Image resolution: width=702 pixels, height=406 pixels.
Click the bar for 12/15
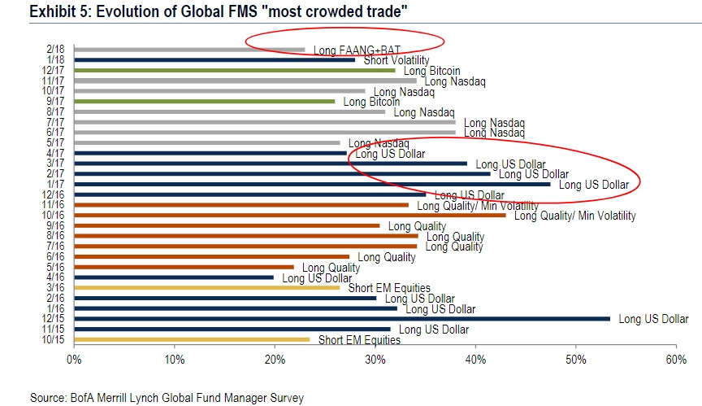(x=341, y=318)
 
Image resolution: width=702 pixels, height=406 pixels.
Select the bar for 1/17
(x=231, y=184)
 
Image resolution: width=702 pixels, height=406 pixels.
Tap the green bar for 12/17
(x=167, y=70)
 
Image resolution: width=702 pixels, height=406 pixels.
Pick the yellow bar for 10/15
(x=192, y=339)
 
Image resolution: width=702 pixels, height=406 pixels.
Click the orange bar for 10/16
(x=289, y=215)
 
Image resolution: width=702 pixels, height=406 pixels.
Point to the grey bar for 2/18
(x=189, y=50)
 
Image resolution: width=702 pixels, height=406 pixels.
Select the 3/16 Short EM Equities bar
(x=206, y=287)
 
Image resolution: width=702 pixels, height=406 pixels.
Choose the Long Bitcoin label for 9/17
(x=371, y=102)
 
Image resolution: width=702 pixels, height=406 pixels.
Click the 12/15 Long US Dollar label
(x=653, y=319)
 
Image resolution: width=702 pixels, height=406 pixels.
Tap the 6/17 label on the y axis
(x=56, y=132)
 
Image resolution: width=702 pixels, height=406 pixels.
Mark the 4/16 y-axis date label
(x=56, y=277)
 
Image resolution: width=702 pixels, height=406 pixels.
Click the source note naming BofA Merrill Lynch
(x=167, y=397)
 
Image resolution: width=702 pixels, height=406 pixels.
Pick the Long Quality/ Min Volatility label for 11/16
(x=478, y=206)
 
